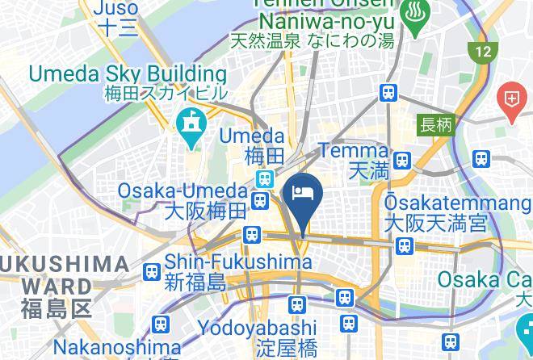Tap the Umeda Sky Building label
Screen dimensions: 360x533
[x=128, y=82]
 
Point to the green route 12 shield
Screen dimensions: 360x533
[x=483, y=52]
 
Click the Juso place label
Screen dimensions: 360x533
[x=116, y=18]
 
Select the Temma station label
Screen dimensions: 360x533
[x=353, y=159]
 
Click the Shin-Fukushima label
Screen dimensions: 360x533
[x=238, y=272]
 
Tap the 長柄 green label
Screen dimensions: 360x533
[x=437, y=125]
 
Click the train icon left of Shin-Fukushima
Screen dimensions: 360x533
[x=150, y=272]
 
